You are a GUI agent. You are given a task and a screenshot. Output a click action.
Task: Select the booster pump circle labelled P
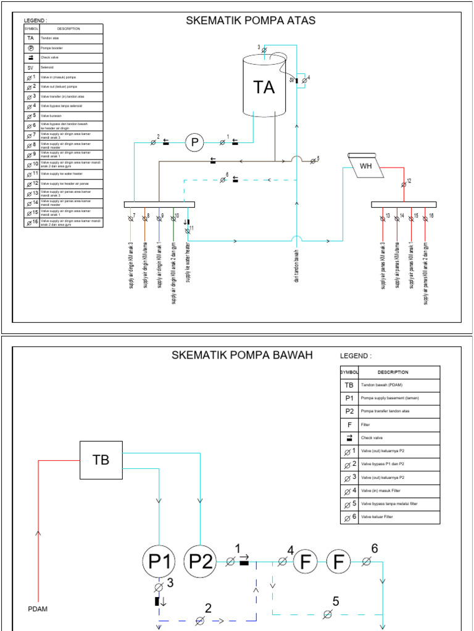[195, 143]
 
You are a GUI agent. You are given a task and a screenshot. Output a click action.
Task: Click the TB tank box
[101, 460]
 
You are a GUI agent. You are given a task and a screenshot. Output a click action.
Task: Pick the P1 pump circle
[159, 561]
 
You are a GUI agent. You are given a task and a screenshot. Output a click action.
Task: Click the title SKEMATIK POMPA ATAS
[251, 21]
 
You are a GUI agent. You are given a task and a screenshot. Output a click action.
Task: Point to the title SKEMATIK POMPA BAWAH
[242, 356]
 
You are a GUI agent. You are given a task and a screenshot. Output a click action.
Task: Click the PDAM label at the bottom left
[38, 609]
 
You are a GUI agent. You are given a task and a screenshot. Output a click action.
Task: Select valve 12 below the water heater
[404, 184]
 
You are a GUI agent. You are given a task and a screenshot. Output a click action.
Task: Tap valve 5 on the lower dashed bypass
[328, 614]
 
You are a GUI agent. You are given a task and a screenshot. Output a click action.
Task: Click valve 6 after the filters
[366, 561]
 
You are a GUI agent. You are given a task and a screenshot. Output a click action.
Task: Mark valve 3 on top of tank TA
[264, 49]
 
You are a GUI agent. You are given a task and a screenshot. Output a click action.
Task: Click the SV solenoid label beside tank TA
[291, 79]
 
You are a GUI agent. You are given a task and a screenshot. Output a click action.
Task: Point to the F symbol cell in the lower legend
[349, 424]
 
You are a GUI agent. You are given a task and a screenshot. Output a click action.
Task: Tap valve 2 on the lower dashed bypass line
[199, 621]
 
